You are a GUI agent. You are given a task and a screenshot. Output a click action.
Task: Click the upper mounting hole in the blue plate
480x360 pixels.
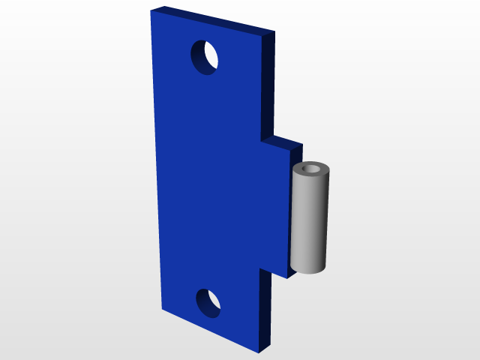pyautogui.click(x=205, y=57)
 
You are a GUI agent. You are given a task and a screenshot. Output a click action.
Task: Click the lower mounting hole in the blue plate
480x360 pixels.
pyautogui.click(x=209, y=302)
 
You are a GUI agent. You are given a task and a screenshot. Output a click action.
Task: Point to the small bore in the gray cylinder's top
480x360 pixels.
pyautogui.click(x=311, y=168)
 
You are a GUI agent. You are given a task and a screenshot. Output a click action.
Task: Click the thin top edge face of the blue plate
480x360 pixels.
pyautogui.click(x=214, y=20)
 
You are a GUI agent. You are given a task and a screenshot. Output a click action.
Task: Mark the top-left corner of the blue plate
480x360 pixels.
pyautogui.click(x=151, y=12)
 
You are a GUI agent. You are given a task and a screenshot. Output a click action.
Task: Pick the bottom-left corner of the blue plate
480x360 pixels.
pyautogui.click(x=162, y=308)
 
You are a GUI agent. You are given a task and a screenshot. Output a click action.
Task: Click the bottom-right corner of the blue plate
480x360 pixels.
pyautogui.click(x=259, y=352)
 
